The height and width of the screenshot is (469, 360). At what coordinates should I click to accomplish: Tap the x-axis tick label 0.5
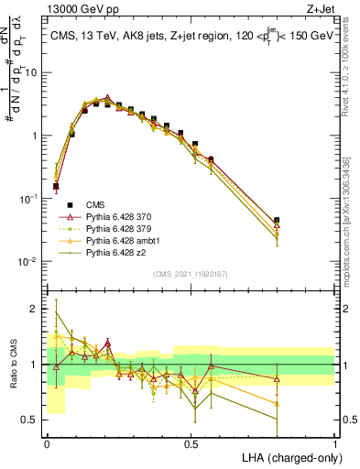(x=191, y=442)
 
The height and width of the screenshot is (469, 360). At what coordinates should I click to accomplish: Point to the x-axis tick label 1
(x=335, y=442)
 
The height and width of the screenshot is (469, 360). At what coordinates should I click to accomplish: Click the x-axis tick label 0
(x=47, y=442)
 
